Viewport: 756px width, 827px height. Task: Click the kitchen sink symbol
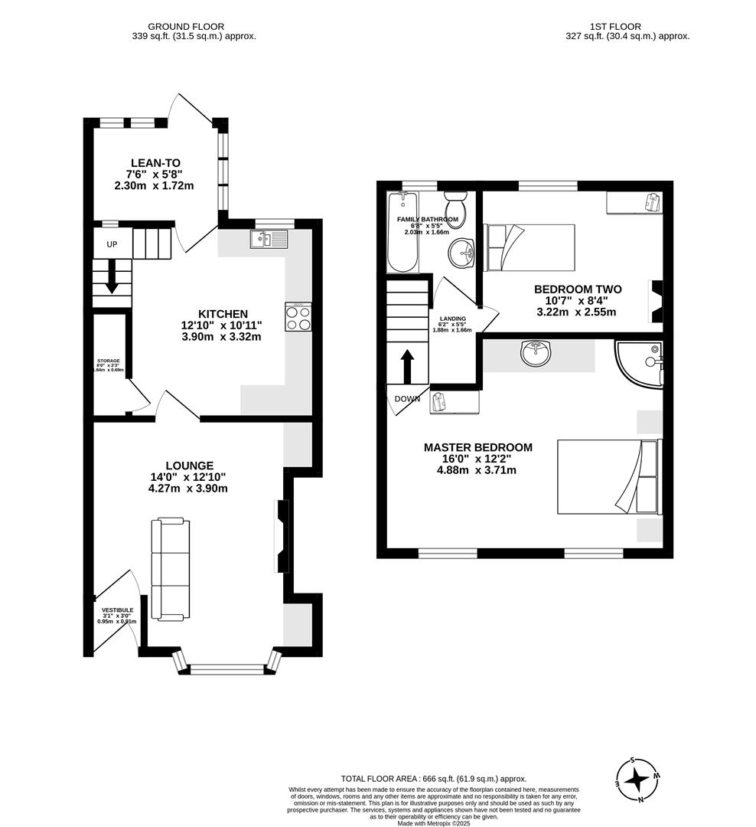268,239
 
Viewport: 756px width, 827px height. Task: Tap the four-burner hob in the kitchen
298,316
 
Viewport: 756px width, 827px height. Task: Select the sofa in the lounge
170,568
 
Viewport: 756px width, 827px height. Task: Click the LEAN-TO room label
155,162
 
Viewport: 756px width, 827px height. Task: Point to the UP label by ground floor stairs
112,244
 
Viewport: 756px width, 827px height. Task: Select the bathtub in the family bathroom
402,233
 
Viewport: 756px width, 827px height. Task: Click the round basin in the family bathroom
461,250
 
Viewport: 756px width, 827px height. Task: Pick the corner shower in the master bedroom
640,363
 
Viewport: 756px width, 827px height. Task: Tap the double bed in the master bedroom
607,476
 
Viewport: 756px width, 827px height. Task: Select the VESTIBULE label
117,610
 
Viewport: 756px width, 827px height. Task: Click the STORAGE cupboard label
108,361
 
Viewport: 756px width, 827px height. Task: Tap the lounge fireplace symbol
282,536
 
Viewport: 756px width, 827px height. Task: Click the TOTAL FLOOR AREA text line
434,778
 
